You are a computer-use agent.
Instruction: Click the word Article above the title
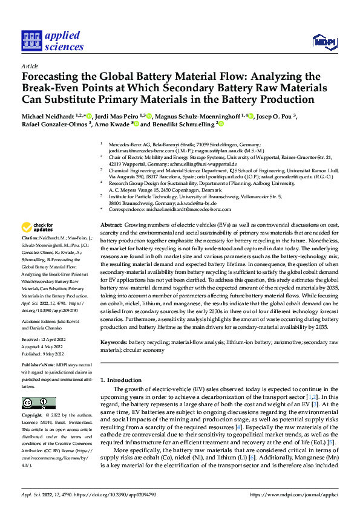pos(30,65)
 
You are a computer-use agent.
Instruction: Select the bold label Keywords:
pos(113,342)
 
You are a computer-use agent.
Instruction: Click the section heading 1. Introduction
pos(123,380)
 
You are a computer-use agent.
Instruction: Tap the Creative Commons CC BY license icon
pos(34,403)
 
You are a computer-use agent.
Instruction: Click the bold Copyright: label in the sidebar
pos(33,416)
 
